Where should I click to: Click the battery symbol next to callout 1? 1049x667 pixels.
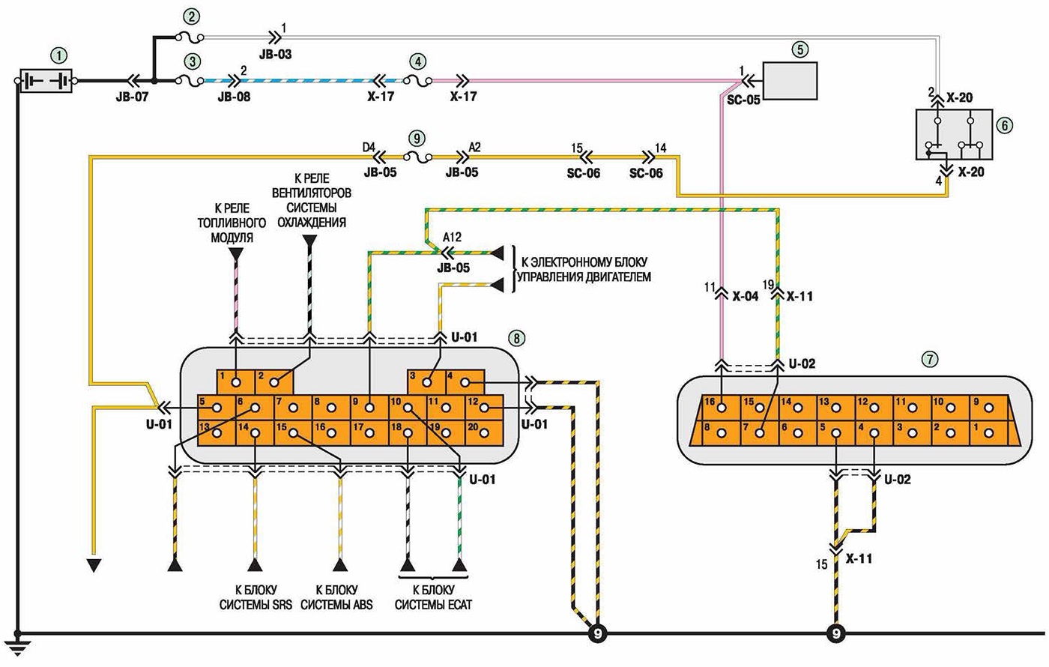46,81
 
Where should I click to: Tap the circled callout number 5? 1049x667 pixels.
800,49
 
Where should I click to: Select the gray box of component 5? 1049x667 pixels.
790,81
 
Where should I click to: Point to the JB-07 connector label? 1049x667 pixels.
132,97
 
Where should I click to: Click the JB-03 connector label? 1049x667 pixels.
276,54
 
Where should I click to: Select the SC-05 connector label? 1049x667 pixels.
743,100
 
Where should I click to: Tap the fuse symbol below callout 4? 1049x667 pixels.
418,81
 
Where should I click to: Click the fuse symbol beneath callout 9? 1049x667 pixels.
417,157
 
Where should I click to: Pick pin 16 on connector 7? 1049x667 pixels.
722,408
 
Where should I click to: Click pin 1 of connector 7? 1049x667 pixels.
988,433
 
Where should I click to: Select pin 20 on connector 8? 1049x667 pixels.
484,433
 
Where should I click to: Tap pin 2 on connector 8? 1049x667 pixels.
274,382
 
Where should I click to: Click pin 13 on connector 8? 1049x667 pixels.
217,433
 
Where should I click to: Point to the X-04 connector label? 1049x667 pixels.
746,296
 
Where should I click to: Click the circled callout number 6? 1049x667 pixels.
1005,126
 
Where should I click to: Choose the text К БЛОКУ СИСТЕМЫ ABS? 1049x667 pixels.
336,597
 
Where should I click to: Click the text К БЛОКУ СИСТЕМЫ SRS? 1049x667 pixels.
256,597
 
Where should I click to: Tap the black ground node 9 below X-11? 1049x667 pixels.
836,634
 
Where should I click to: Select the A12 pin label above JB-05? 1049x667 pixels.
452,238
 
